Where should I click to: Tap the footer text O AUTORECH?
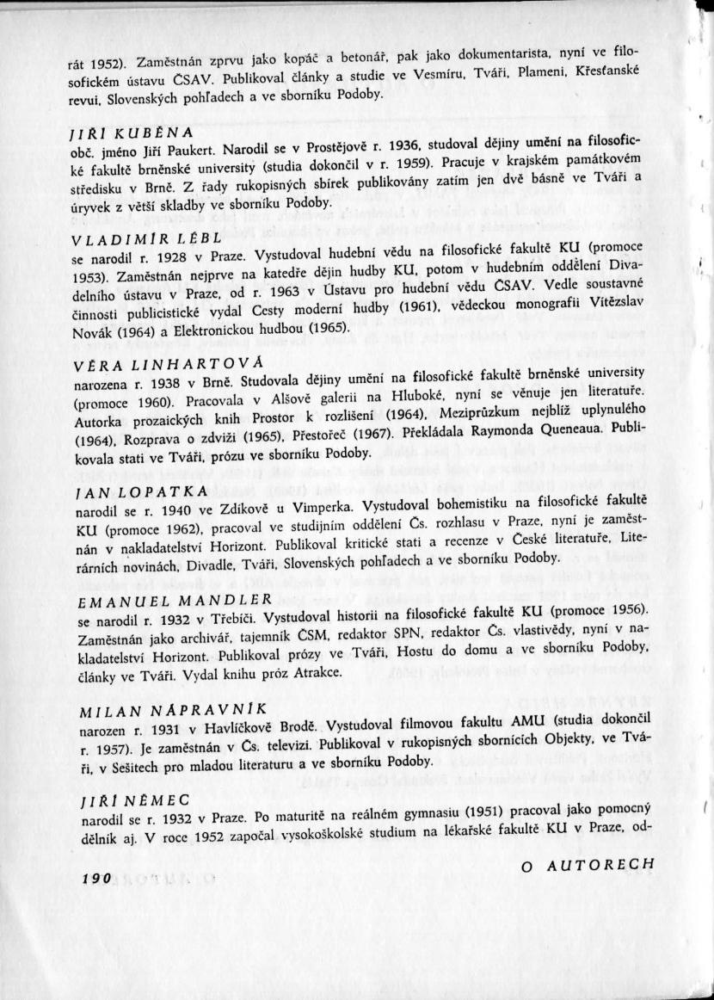pos(588,864)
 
